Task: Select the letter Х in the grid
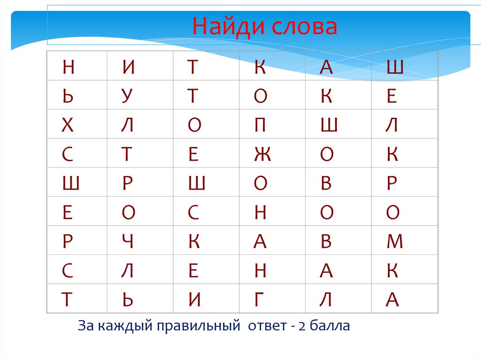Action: [x=68, y=125]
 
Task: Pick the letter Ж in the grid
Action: [x=261, y=154]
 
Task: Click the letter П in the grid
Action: [x=260, y=125]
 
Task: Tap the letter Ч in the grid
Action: [x=128, y=242]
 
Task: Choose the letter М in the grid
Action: [x=395, y=242]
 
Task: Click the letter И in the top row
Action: [x=129, y=68]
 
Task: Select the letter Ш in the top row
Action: [x=395, y=68]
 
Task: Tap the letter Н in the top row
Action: [x=68, y=68]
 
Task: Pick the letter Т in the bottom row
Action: [x=68, y=300]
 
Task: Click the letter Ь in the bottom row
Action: [x=128, y=300]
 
